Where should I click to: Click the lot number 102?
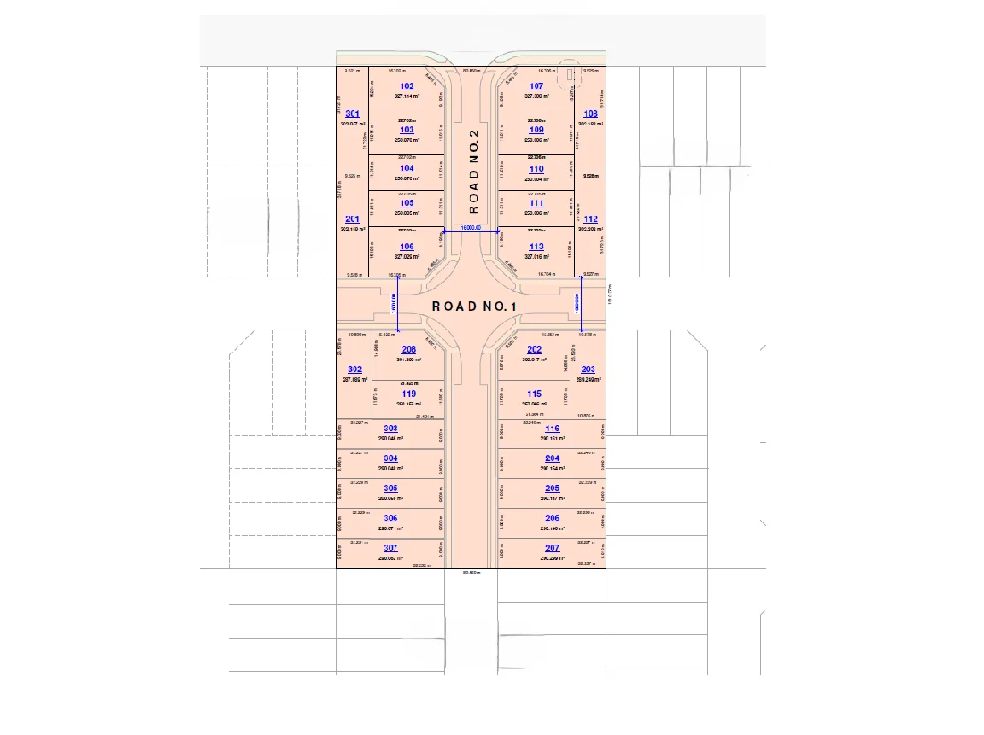click(407, 86)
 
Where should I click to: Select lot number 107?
click(536, 86)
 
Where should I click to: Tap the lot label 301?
click(352, 114)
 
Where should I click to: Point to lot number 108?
click(590, 114)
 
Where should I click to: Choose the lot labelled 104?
click(407, 169)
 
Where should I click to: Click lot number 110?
click(536, 169)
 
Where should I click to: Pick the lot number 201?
click(352, 219)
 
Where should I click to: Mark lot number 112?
click(590, 219)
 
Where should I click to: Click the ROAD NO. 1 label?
click(475, 306)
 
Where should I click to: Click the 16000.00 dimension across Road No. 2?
click(471, 228)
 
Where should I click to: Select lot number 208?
click(408, 349)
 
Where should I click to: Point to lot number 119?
click(408, 394)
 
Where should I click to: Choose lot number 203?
click(588, 370)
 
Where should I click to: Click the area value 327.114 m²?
click(407, 96)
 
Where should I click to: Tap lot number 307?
click(390, 548)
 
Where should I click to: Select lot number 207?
click(552, 548)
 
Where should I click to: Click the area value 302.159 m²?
click(352, 230)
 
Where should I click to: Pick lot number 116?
click(552, 429)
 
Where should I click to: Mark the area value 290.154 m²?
click(552, 469)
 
